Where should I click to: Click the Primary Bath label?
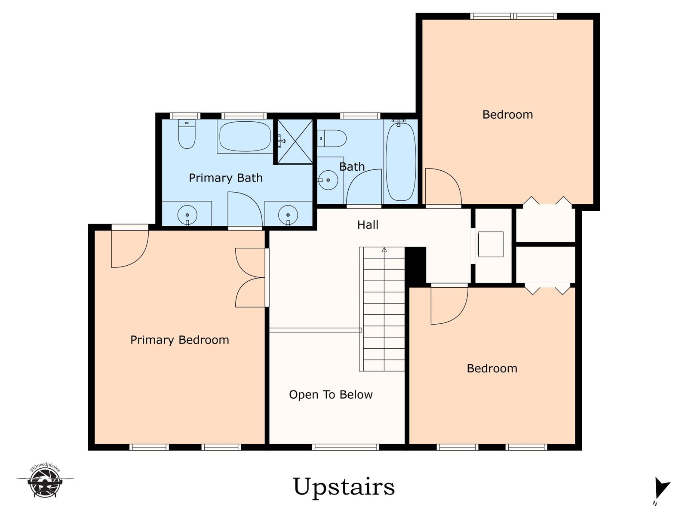click(225, 178)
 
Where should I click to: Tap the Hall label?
click(368, 224)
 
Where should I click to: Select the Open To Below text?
click(331, 394)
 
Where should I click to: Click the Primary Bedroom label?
click(180, 340)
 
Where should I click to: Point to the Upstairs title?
click(344, 487)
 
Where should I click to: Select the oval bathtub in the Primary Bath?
click(245, 136)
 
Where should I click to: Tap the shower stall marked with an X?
click(295, 141)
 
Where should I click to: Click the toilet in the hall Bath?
click(332, 138)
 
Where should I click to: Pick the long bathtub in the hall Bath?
click(401, 162)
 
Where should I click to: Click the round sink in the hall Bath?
click(328, 180)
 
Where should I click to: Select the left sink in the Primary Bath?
click(187, 215)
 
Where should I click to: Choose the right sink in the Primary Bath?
click(288, 215)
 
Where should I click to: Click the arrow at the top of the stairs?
click(384, 249)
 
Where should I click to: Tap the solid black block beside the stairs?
click(415, 265)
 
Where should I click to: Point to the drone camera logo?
click(45, 481)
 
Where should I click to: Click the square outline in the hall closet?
click(491, 244)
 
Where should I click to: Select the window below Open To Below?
click(345, 447)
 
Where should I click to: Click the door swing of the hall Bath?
click(364, 187)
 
